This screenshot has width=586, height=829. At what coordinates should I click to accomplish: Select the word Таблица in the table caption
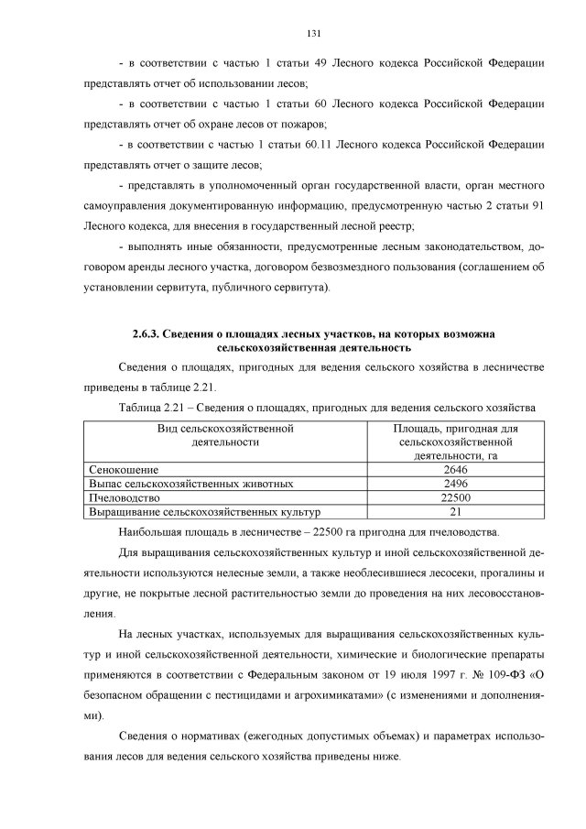pos(142,407)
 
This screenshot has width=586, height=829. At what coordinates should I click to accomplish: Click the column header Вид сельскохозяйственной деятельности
pos(224,435)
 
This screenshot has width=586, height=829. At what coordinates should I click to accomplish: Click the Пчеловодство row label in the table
pos(125,497)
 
